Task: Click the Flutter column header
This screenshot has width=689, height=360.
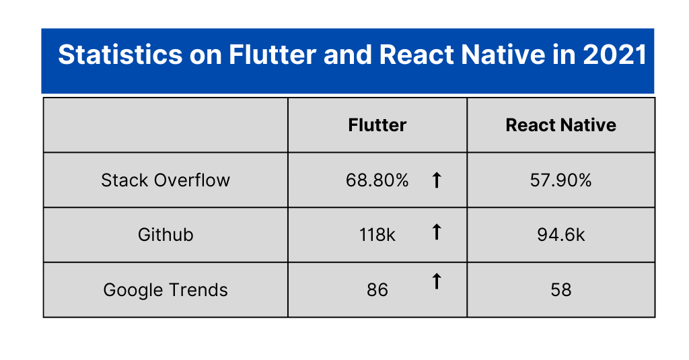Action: click(377, 125)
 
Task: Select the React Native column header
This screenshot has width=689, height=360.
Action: click(560, 125)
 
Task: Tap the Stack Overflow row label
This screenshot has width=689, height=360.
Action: click(166, 180)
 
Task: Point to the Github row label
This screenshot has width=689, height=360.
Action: click(166, 235)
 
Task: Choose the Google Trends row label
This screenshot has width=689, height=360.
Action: click(166, 290)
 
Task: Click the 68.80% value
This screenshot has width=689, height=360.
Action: click(377, 180)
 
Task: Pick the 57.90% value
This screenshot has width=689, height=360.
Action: click(560, 180)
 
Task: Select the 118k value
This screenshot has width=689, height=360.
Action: click(377, 235)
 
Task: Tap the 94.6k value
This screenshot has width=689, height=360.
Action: click(560, 235)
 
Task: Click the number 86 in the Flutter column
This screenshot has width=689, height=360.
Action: click(377, 290)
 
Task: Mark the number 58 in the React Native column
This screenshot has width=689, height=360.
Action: click(560, 290)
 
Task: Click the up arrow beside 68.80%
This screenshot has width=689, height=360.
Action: click(436, 180)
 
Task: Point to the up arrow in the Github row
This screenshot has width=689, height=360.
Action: click(436, 231)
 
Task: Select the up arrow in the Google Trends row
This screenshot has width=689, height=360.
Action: click(436, 281)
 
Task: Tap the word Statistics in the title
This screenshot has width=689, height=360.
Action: click(120, 55)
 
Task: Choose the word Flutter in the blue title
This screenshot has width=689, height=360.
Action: click(273, 55)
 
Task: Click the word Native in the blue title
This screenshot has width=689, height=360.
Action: click(497, 55)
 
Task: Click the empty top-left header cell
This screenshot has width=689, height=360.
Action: click(166, 125)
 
